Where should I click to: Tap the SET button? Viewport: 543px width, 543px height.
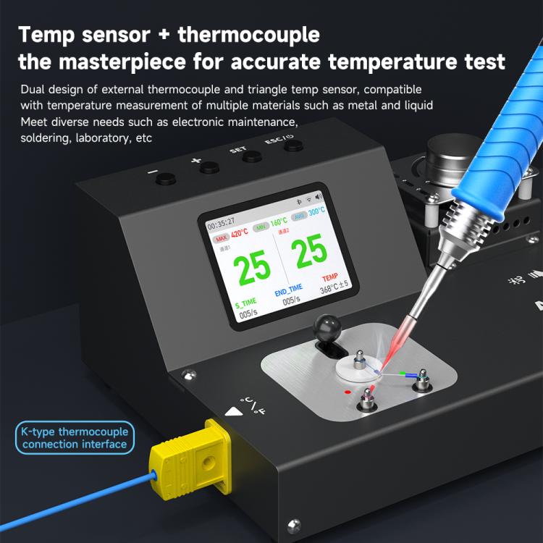click(251, 156)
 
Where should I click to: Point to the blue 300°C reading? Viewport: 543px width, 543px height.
click(316, 214)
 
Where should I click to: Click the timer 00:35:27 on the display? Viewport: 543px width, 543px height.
click(220, 224)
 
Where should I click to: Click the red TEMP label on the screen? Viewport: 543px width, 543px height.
click(329, 277)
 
